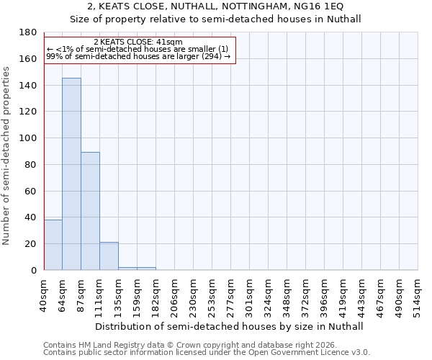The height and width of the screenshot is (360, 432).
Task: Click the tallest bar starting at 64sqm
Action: tap(71, 174)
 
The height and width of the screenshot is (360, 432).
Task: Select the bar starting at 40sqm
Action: tap(53, 245)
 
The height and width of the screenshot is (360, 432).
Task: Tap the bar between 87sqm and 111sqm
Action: tap(90, 211)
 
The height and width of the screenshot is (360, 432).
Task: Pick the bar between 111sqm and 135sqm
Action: tap(109, 256)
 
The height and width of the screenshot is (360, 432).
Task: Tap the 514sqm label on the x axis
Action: tap(418, 294)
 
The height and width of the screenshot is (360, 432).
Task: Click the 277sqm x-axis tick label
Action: tap(230, 294)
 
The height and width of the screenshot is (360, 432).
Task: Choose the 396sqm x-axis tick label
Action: tap(324, 294)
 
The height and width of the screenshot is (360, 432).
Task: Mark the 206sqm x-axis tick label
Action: tap(174, 294)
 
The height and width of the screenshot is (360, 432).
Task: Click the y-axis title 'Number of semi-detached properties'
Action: tap(7, 156)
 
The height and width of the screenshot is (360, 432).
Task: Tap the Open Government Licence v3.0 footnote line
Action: tap(207, 353)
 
